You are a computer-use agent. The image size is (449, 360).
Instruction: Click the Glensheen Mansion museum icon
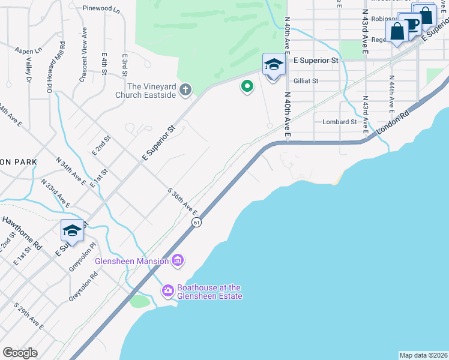point(178,260)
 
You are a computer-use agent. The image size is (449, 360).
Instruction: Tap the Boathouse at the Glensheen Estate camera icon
point(168,291)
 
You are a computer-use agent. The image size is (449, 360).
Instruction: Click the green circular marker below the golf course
point(247,87)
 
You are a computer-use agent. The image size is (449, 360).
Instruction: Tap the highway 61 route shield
point(196,223)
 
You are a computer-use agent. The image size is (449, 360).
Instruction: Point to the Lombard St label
point(340,122)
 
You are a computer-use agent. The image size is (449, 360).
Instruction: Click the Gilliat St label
point(306,80)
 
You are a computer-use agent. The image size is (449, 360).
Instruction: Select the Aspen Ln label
point(28,51)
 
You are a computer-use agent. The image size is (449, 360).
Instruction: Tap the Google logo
point(20,353)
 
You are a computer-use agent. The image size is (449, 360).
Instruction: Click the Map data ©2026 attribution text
point(423,355)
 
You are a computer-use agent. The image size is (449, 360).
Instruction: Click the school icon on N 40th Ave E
point(273,65)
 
